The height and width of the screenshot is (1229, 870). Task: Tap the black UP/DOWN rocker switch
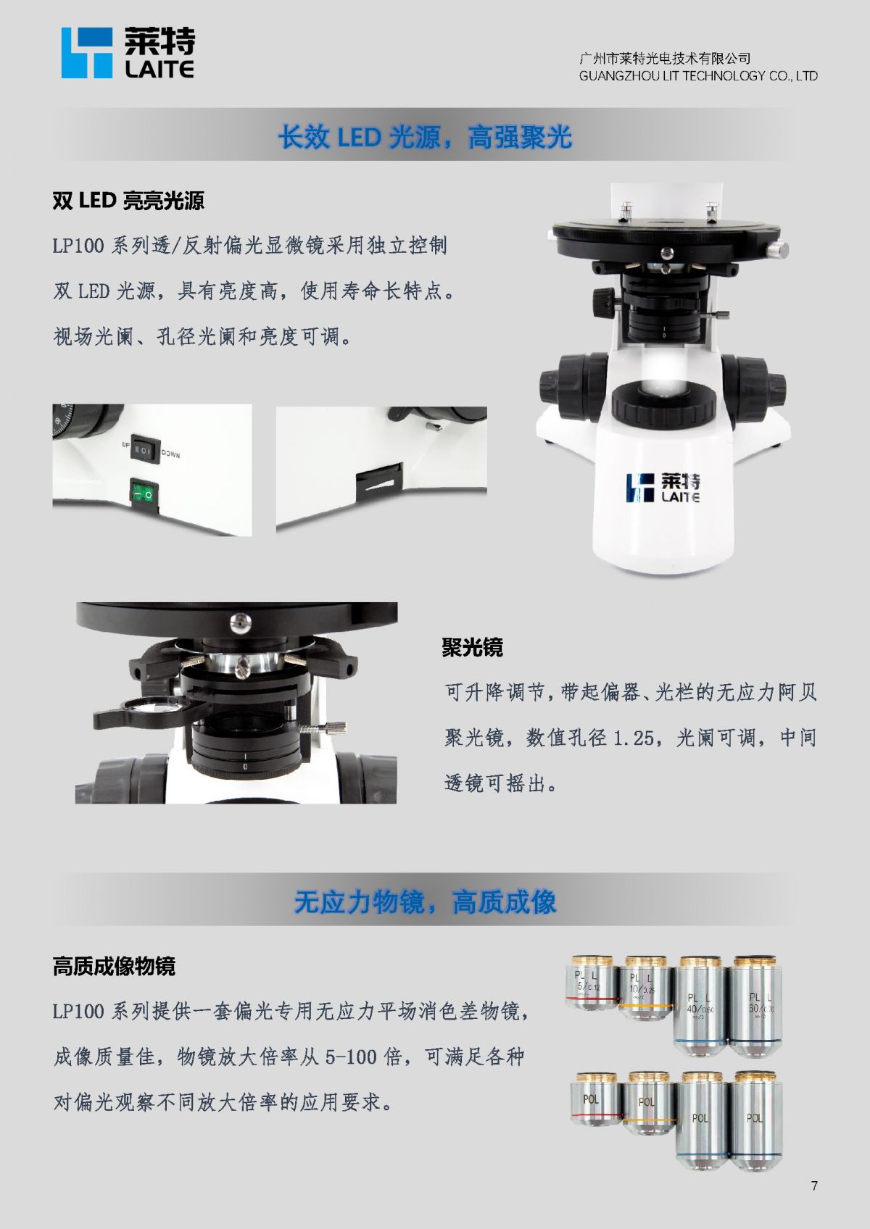pos(144,450)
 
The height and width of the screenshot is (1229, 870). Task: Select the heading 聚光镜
pos(472,647)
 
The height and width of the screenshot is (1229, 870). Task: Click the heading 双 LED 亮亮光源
pos(128,201)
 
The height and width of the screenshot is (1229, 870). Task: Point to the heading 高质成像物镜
pos(114,966)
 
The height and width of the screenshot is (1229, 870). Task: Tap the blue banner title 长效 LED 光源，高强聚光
pos(425,137)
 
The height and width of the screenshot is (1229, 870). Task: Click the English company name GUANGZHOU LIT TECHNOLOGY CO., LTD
pos(698,75)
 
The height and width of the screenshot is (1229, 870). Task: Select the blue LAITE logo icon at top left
pos(87,53)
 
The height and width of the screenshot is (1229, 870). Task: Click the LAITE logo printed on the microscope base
pos(663,488)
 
